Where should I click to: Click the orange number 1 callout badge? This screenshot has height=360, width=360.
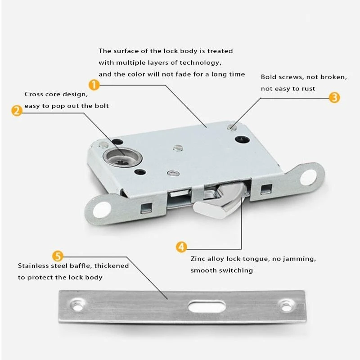point(94,84)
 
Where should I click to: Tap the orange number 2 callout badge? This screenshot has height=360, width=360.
point(16,111)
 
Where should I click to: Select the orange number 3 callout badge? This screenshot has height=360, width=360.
point(334,97)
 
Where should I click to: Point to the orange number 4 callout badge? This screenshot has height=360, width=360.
point(181,247)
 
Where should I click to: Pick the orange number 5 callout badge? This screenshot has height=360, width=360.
point(58,256)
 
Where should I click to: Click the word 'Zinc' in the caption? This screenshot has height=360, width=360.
point(198,259)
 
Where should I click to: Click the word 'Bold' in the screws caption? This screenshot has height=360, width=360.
point(269,77)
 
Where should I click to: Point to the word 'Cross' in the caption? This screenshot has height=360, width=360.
point(34,94)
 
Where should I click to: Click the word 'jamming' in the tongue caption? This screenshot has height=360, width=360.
point(301,259)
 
